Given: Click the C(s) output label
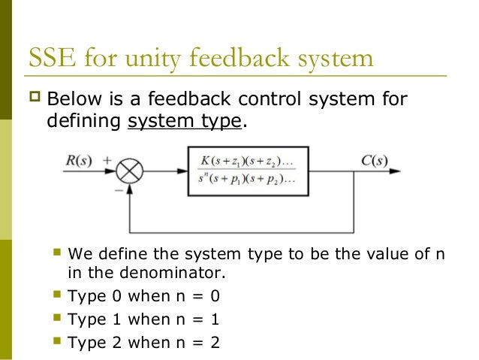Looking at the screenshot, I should [372, 161].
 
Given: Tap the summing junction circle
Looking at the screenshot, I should [130, 173].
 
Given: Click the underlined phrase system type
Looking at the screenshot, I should [185, 120].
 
